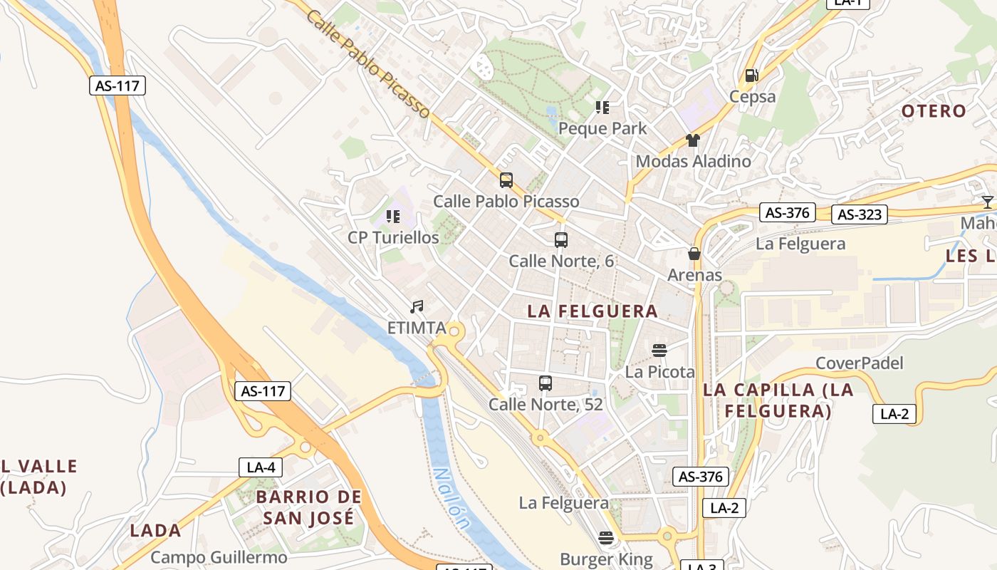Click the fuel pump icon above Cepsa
coord(751,76)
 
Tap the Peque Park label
coord(602,128)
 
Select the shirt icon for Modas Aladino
coord(693,140)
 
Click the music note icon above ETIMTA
coord(417,307)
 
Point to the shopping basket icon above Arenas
coord(694,254)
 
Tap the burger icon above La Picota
coord(659,351)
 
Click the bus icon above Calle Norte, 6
coord(561,240)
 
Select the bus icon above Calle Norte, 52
coord(546,383)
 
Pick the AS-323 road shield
coord(860,214)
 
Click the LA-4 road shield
coord(261,467)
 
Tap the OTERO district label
coord(934,111)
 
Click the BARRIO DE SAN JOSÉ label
coord(308,507)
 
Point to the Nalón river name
coord(451,498)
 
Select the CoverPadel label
coord(859,363)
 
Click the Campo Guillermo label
coord(219,557)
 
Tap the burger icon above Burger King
coord(606,538)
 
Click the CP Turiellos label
coord(393,237)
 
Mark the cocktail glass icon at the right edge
coord(988,202)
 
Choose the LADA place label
coord(155,530)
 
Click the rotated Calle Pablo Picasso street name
coord(368,63)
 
